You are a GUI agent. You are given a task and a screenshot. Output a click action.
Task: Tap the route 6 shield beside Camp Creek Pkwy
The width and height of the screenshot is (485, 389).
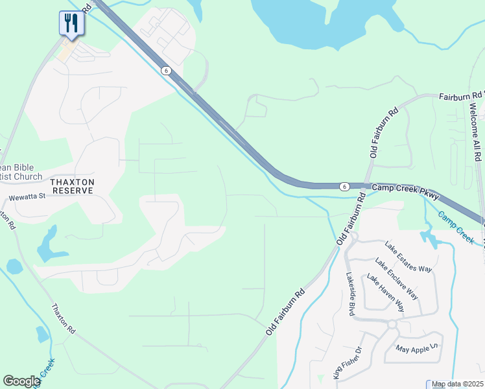point(344,187)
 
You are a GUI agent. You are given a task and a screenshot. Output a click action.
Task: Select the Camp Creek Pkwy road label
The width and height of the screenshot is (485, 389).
point(405,191)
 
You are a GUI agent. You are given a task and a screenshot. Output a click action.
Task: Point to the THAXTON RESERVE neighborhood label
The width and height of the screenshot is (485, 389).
point(64,187)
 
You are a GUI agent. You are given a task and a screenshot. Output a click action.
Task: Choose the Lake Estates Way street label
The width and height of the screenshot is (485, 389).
point(408,257)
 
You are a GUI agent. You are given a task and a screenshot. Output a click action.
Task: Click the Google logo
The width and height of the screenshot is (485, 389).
point(21,381)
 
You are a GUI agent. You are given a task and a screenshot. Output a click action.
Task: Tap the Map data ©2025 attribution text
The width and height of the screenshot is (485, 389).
point(458,384)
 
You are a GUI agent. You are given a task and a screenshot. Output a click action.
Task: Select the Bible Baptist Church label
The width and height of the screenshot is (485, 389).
point(19,171)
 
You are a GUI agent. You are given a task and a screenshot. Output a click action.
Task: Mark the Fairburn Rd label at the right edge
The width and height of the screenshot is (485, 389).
point(460,96)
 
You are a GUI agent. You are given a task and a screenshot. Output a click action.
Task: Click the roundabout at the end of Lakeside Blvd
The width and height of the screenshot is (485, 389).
point(392,324)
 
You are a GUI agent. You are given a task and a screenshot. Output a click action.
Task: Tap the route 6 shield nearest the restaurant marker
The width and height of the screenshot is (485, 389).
point(166,71)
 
